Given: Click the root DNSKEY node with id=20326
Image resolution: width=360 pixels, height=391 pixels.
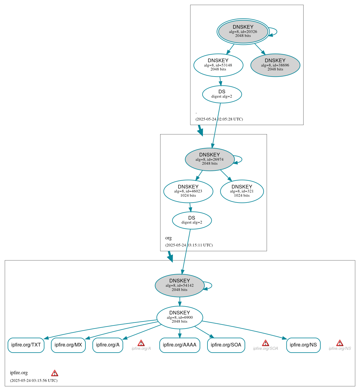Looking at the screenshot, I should click(x=243, y=31).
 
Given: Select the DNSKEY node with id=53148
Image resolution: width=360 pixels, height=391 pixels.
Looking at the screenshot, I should click(x=218, y=65).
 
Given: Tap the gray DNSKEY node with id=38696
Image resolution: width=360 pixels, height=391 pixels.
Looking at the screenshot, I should click(x=275, y=65).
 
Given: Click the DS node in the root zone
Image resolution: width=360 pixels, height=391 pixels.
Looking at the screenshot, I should click(x=222, y=94).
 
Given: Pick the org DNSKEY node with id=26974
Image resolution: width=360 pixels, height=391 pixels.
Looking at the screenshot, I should click(x=210, y=159).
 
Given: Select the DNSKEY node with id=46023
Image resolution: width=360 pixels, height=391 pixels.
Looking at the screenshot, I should click(x=188, y=191).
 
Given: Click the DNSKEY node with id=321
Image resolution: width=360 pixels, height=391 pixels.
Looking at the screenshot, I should click(x=242, y=191).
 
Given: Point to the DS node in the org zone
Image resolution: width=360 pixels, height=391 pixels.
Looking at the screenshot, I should click(x=192, y=220).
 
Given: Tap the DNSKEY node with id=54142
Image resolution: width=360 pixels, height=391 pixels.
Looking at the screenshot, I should click(x=180, y=285).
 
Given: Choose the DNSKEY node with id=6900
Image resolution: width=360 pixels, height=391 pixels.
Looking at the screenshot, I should click(x=180, y=317).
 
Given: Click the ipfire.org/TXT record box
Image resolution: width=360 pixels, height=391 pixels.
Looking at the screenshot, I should click(x=26, y=345).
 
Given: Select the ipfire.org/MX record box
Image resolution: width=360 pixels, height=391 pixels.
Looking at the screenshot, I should click(x=68, y=345).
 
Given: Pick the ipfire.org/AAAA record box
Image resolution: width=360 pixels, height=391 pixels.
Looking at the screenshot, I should click(x=180, y=345).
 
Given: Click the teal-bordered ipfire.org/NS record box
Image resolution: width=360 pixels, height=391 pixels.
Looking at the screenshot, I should click(x=303, y=345).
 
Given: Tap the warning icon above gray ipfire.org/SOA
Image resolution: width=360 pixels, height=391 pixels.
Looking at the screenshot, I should click(x=265, y=343).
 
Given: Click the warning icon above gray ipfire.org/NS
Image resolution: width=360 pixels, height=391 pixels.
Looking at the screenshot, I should click(x=340, y=343).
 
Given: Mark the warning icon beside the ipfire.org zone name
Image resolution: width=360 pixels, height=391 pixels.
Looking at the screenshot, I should click(x=55, y=373).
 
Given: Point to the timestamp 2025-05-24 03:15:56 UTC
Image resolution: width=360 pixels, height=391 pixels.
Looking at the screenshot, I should click(x=34, y=380).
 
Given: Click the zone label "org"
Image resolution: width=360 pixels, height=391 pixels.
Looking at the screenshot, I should click(x=168, y=238).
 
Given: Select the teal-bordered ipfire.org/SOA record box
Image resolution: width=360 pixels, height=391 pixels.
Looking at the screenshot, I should click(x=226, y=345).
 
